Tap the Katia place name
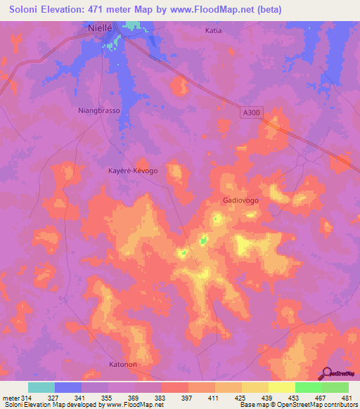pos(213,31)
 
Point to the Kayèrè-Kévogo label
pos(133,171)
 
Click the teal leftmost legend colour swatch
pos(41,387)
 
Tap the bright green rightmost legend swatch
pos(335,387)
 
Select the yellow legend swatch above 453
pos(282,387)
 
